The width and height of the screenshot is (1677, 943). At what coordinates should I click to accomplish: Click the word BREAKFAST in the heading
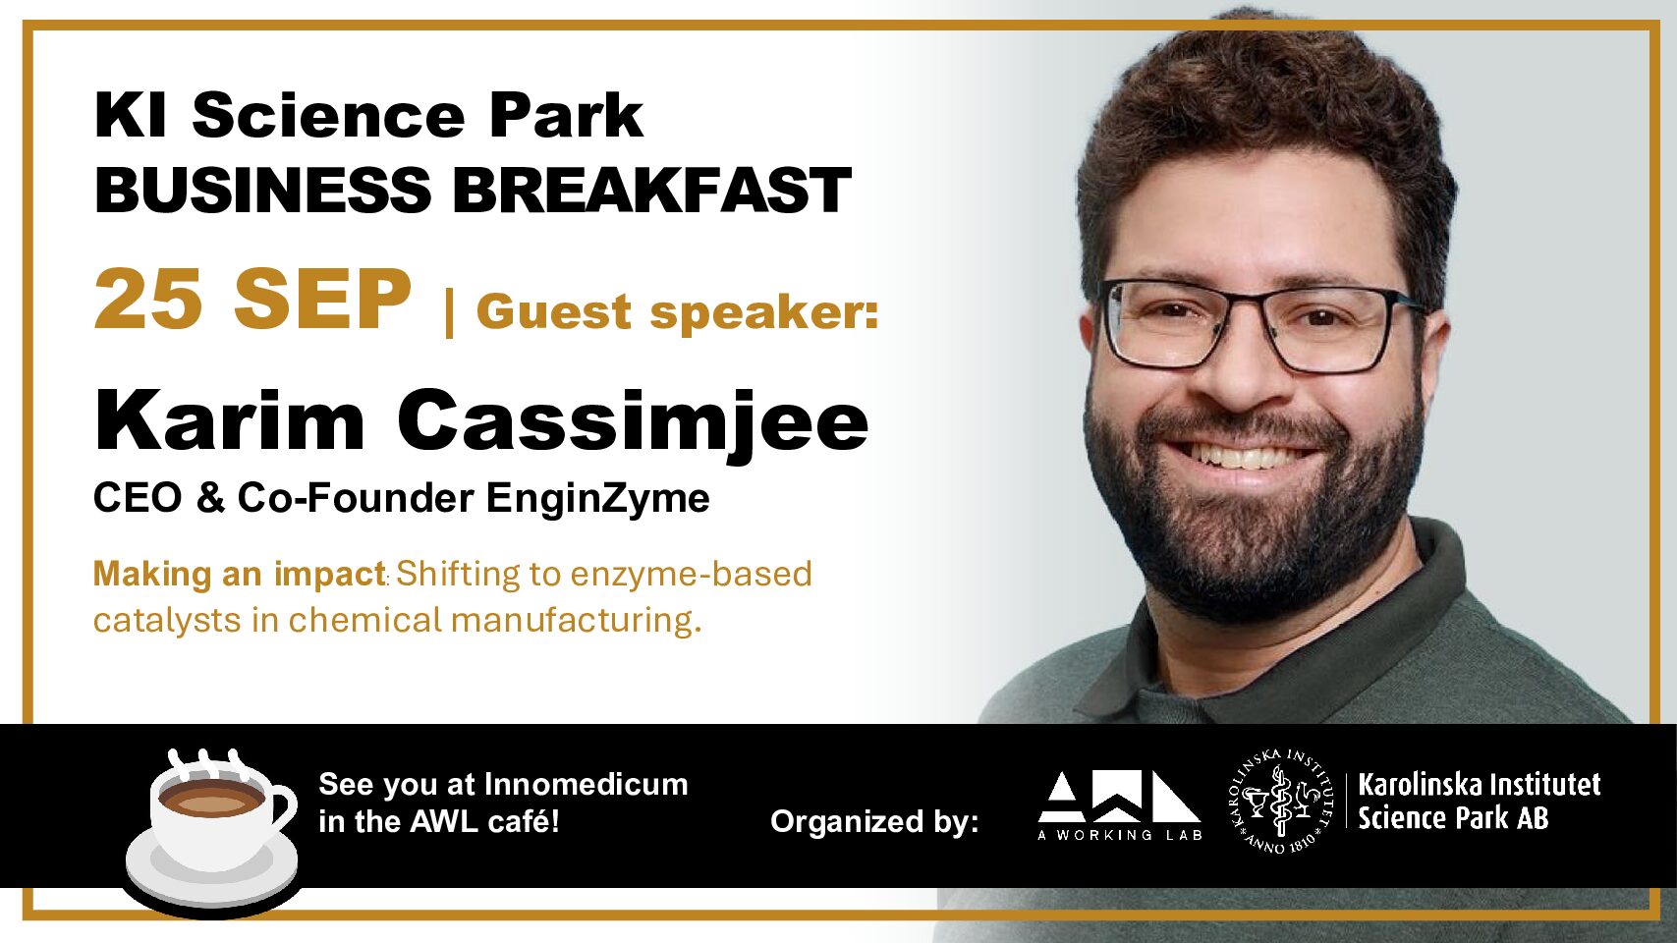pyautogui.click(x=651, y=190)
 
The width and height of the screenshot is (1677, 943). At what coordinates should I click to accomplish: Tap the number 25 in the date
pyautogui.click(x=148, y=300)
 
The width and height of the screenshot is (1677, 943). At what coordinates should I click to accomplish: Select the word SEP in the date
pyautogui.click(x=322, y=300)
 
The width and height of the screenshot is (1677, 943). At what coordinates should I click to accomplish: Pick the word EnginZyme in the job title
pyautogui.click(x=597, y=498)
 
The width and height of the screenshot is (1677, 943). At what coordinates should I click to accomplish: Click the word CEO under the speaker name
pyautogui.click(x=138, y=498)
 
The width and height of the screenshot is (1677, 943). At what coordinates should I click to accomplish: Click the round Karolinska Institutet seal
pyautogui.click(x=1281, y=802)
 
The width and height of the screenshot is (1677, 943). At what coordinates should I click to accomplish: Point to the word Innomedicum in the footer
pyautogui.click(x=587, y=784)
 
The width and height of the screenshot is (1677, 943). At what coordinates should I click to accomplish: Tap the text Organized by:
pyautogui.click(x=874, y=822)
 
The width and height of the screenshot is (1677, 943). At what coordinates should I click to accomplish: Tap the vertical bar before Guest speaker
pyautogui.click(x=449, y=313)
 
